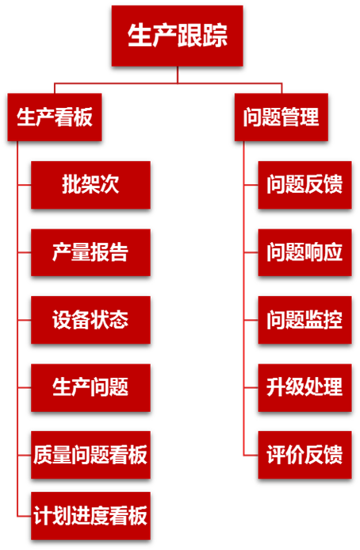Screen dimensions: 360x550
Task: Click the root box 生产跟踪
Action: pyautogui.click(x=178, y=36)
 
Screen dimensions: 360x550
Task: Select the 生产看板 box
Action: pyautogui.click(x=55, y=117)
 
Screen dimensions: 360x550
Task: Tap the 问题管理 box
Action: pyautogui.click(x=281, y=117)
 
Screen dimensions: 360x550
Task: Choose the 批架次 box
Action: pyautogui.click(x=90, y=185)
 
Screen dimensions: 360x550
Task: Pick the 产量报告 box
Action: pyautogui.click(x=90, y=252)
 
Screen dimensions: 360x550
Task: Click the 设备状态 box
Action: pyautogui.click(x=90, y=320)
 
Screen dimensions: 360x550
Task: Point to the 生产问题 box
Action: pyautogui.click(x=90, y=387)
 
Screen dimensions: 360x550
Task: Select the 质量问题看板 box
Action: pyautogui.click(x=90, y=455)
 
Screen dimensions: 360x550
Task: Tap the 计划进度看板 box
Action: pyautogui.click(x=90, y=516)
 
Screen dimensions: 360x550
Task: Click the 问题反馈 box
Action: pyautogui.click(x=305, y=185)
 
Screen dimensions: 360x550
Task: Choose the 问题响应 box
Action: pyautogui.click(x=305, y=252)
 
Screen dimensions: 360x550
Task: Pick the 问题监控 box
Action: pyautogui.click(x=305, y=320)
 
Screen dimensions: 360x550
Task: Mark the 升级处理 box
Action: pyautogui.click(x=305, y=387)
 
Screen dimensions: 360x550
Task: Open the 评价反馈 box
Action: pyautogui.click(x=305, y=455)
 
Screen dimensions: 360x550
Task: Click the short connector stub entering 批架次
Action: pyautogui.click(x=25, y=184)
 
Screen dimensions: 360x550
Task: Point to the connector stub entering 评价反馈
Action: pyautogui.click(x=251, y=456)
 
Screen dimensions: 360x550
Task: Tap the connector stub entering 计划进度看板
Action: pyautogui.click(x=25, y=517)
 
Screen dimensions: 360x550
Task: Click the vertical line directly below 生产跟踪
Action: pyautogui.click(x=178, y=75)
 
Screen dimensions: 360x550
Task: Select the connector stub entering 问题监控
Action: pyautogui.click(x=251, y=320)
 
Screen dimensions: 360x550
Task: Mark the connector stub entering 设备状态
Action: pyautogui.click(x=25, y=320)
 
